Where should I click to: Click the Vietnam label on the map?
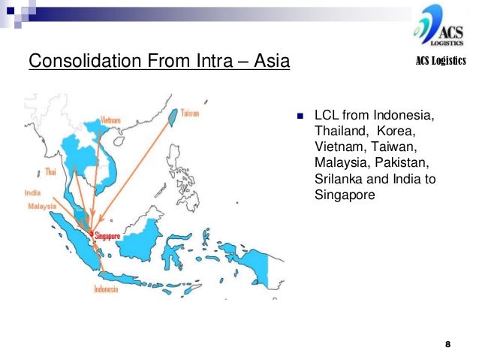click(x=110, y=120)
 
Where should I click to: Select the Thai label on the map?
click(x=50, y=171)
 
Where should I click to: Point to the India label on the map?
click(x=32, y=193)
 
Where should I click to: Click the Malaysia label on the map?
click(x=42, y=205)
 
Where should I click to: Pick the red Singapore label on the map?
click(x=107, y=235)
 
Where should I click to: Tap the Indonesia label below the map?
click(x=106, y=288)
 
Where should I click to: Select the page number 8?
click(x=447, y=344)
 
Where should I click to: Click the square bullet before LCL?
click(x=300, y=117)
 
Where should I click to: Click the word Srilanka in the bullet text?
click(x=337, y=180)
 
